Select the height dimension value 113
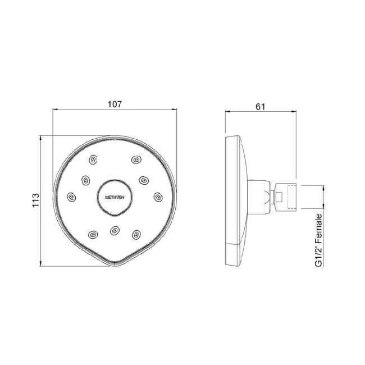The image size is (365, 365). (x=35, y=200)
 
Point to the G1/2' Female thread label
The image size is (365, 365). (x=318, y=240)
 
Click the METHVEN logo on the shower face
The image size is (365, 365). (x=115, y=197)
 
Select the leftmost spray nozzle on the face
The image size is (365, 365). (x=71, y=197)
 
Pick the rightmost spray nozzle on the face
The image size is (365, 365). (x=157, y=197)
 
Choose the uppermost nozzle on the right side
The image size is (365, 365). (x=135, y=160)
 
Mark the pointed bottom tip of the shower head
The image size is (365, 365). (x=115, y=264)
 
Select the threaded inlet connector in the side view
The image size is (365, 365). (x=287, y=197)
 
